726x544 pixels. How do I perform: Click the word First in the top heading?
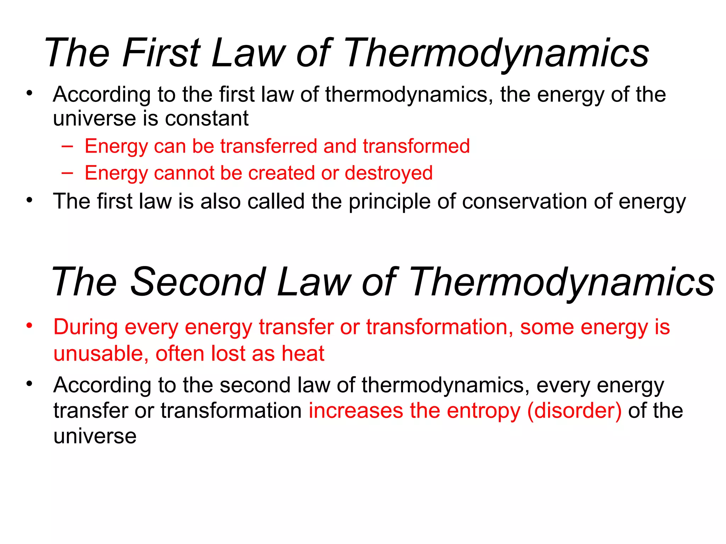point(161,53)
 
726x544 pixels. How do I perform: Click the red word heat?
point(303,353)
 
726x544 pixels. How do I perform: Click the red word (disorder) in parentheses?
point(574,411)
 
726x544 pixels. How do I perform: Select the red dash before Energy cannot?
point(67,173)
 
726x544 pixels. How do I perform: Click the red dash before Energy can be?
point(67,146)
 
